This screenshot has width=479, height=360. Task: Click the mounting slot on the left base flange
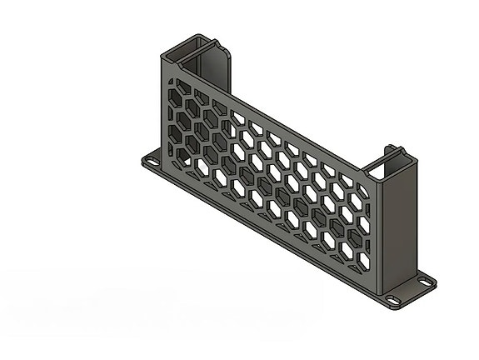click(x=153, y=159)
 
